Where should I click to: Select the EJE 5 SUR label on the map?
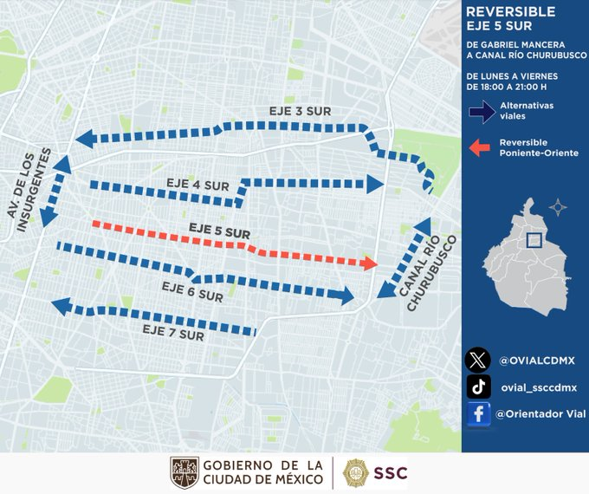219,231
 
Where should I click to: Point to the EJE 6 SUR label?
192,290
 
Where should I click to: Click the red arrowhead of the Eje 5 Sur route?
370,263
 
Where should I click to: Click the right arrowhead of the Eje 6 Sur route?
347,296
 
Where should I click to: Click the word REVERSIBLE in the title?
511,12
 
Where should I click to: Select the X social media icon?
477,360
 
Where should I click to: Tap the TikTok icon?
477,387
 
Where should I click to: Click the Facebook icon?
477,414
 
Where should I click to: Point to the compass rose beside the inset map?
559,207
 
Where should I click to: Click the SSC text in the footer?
390,472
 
